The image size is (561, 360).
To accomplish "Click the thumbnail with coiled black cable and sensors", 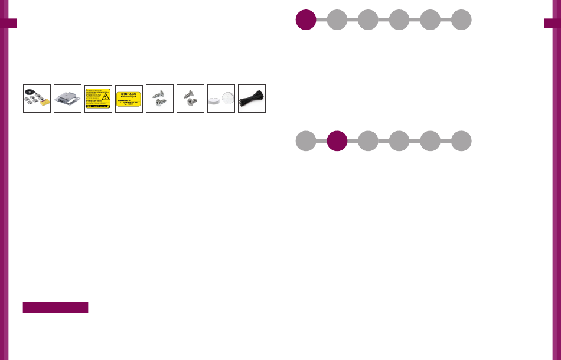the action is [x=37, y=98].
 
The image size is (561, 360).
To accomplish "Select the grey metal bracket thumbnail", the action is [x=67, y=98].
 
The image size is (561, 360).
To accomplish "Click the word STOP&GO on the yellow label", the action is [x=129, y=93].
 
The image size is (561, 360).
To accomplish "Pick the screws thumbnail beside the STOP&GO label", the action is [x=159, y=98].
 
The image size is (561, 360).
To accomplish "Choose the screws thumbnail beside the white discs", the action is [x=190, y=98].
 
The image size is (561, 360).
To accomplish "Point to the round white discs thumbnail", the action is [x=221, y=99].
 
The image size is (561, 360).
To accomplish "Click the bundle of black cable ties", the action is [x=252, y=99].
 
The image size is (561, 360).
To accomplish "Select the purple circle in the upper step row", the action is [x=305, y=19].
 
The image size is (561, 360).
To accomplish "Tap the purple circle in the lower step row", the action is [x=337, y=141].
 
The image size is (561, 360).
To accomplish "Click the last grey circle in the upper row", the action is [x=461, y=19].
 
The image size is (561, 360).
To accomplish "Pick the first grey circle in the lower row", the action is [x=305, y=141].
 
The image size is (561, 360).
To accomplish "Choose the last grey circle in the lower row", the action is [x=461, y=141].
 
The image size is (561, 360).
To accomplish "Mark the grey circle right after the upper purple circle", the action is [x=337, y=19].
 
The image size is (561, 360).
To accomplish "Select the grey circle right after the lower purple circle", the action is [x=368, y=141].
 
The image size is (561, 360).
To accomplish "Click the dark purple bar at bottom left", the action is [x=56, y=307].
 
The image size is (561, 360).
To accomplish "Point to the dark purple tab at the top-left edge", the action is [x=9, y=22].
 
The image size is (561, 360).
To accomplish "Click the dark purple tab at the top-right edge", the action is [x=552, y=22].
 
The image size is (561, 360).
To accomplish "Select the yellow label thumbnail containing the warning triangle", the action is [x=98, y=98].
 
